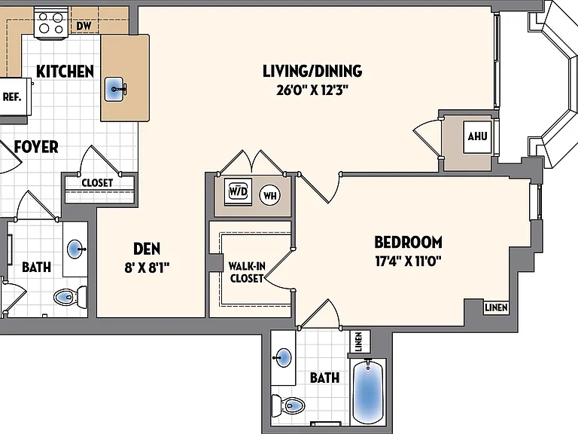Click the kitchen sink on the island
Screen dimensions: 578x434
coord(114,89)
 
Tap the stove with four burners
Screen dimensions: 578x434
coord(51,23)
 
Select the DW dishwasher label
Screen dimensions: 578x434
coord(84,26)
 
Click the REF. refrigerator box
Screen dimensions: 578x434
coord(14,96)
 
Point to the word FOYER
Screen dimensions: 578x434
coord(36,146)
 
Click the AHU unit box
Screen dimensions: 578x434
coord(477,136)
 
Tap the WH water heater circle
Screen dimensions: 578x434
coord(270,195)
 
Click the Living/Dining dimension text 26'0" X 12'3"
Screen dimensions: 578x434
coord(312,90)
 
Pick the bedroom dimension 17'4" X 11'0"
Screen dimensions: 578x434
coord(408,261)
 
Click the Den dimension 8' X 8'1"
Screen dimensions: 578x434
coord(147,267)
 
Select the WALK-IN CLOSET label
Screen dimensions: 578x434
coord(247,272)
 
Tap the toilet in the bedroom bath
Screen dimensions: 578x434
coord(289,405)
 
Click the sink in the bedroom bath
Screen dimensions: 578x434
coord(283,358)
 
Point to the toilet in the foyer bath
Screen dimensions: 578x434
coord(71,296)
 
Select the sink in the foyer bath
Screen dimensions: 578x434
coord(76,249)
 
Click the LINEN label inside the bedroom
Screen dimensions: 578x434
coord(496,307)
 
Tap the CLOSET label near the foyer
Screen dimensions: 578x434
coord(97,182)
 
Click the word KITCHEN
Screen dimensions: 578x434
coord(65,72)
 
